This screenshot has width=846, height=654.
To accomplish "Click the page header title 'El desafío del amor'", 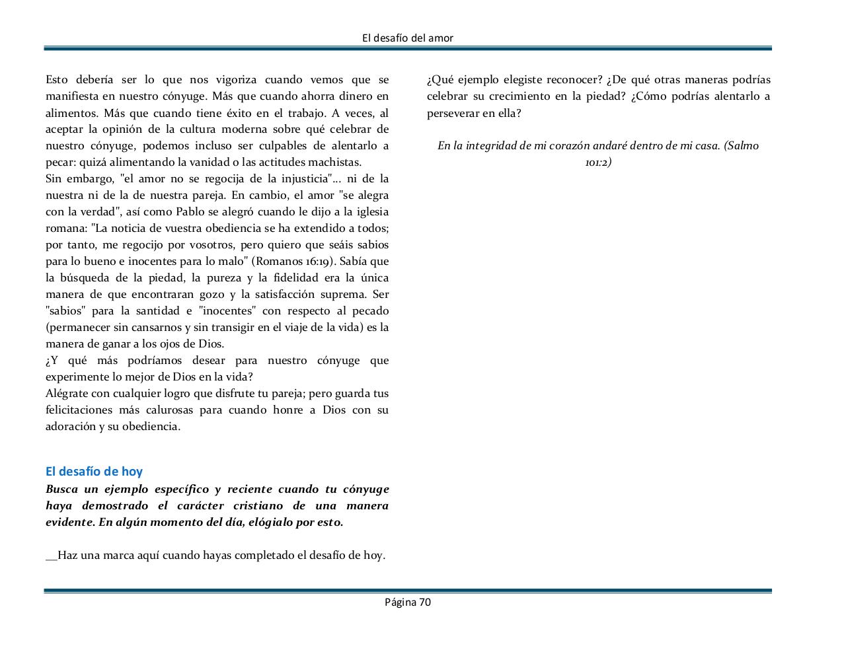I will (x=408, y=38).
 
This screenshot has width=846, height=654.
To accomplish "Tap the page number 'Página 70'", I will (x=408, y=602).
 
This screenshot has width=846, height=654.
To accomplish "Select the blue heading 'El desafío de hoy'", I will (x=94, y=471).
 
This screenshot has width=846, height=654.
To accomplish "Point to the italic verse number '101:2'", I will (x=598, y=163).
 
